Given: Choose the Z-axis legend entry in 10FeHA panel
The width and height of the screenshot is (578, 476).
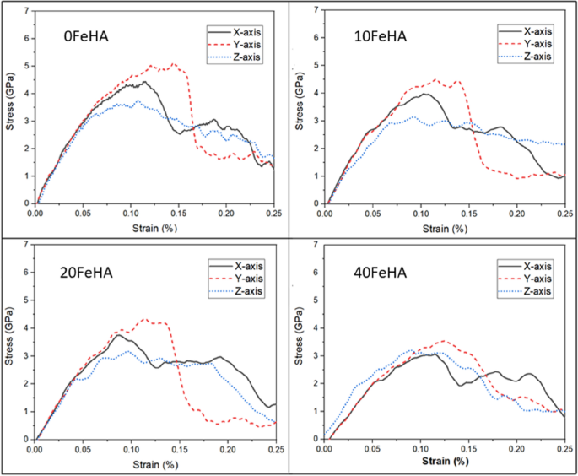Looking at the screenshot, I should coord(534,56).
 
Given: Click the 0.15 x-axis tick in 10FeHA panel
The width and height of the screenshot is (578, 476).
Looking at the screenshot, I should coord(469,214).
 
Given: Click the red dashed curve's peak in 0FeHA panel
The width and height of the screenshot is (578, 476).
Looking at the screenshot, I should coord(173,63).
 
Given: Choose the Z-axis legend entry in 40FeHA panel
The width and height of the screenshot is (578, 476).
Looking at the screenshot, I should coord(534,291).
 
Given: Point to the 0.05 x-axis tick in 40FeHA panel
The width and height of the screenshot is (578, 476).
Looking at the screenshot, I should coord(373,449).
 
